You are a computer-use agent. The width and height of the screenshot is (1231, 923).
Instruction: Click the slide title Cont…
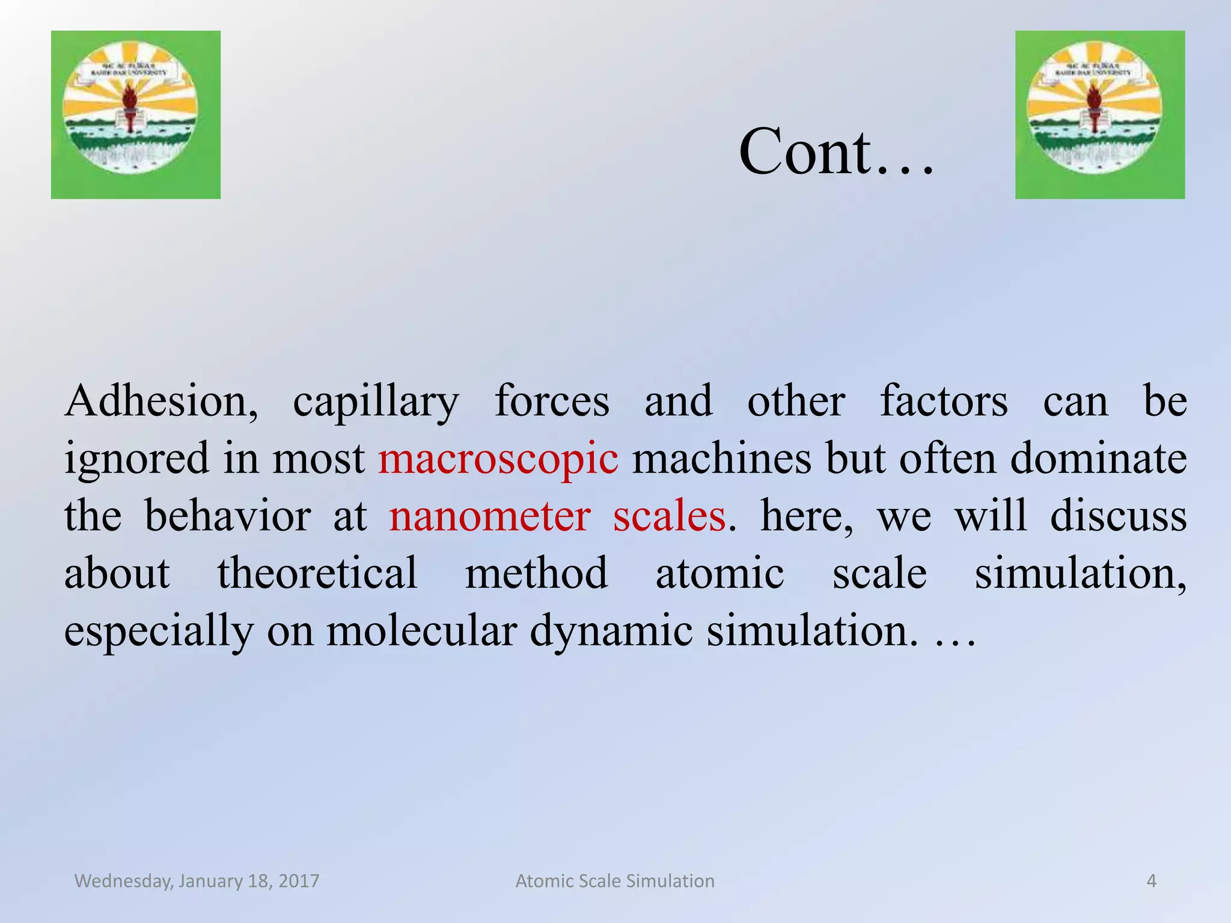pyautogui.click(x=835, y=153)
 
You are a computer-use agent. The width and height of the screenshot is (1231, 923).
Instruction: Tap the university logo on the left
pyautogui.click(x=135, y=115)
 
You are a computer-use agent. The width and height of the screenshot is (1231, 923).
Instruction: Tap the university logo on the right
pyautogui.click(x=1099, y=115)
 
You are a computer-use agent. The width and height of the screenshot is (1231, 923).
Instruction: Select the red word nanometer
pyautogui.click(x=489, y=516)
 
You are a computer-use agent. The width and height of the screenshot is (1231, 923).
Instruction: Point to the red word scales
pyautogui.click(x=669, y=516)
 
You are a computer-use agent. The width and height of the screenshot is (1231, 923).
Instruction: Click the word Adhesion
pyautogui.click(x=161, y=401)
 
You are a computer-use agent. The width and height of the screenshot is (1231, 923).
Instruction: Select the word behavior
pyautogui.click(x=228, y=516)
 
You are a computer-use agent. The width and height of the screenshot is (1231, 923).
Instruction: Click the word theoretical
pyautogui.click(x=317, y=573)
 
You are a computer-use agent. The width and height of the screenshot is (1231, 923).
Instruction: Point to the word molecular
pyautogui.click(x=421, y=631)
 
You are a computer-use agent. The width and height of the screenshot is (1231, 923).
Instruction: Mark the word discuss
pyautogui.click(x=1118, y=516)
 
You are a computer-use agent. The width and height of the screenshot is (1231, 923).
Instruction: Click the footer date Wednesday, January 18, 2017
pyautogui.click(x=197, y=881)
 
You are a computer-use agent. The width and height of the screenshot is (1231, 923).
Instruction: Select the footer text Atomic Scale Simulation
pyautogui.click(x=615, y=881)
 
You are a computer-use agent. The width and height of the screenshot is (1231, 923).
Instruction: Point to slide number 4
pyautogui.click(x=1151, y=881)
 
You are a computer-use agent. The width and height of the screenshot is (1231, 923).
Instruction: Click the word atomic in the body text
pyautogui.click(x=719, y=573)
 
